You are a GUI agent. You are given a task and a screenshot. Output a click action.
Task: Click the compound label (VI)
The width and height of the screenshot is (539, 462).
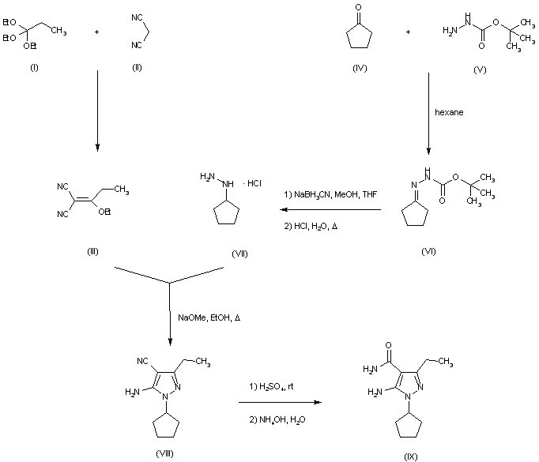(x=429, y=251)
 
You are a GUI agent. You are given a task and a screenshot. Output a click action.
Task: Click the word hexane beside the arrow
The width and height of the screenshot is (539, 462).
(x=449, y=112)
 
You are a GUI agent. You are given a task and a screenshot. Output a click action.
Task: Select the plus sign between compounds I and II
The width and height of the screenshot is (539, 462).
(x=96, y=33)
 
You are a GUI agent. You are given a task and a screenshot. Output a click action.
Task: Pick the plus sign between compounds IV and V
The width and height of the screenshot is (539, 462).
(x=409, y=33)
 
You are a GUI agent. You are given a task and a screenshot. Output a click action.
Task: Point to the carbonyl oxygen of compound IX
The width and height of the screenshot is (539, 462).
(x=389, y=345)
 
